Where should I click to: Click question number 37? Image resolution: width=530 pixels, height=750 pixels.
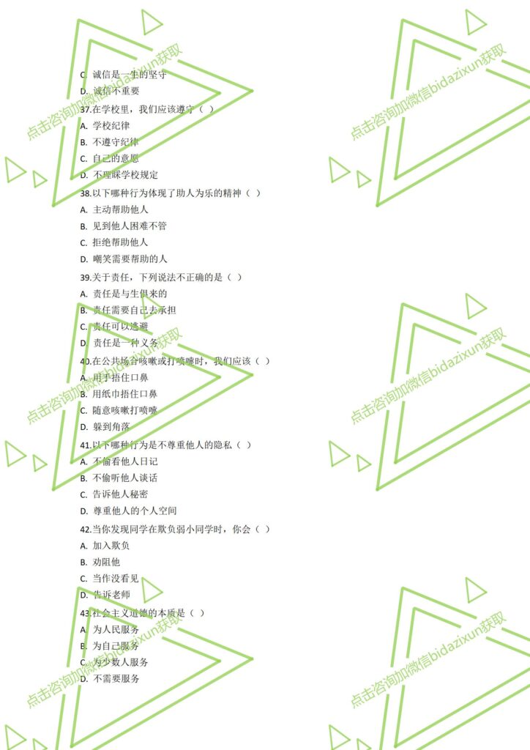85,109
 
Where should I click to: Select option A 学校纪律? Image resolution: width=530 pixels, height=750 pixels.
111,125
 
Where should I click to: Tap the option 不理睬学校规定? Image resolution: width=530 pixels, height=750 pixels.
124,175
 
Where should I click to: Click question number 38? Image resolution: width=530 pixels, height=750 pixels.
85,193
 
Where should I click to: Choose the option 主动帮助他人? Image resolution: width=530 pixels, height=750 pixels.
120,209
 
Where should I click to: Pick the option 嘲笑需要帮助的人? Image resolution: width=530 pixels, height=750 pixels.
130,259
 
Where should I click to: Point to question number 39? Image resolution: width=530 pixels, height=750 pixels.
85,277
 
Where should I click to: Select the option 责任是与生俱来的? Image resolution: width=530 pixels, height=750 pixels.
130,294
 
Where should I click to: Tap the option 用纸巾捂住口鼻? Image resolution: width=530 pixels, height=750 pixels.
124,394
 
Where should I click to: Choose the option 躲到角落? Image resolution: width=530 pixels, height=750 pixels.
111,427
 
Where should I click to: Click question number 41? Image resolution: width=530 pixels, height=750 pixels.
85,445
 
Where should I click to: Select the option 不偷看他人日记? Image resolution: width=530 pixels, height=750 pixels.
124,461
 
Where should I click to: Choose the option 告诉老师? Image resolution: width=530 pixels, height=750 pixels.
111,595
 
